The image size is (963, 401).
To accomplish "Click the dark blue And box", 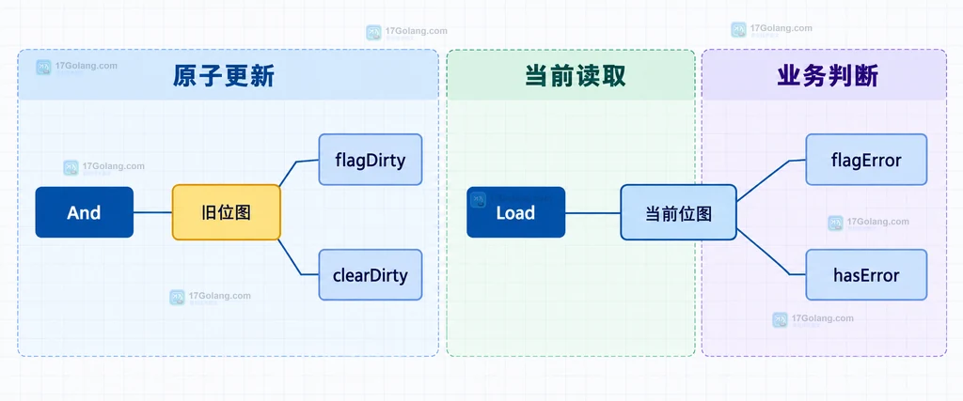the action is tap(84, 212).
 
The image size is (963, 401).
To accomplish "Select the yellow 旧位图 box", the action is tap(226, 212).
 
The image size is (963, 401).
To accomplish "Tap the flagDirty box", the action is tap(371, 160).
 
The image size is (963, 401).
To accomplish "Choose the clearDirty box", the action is tap(371, 275).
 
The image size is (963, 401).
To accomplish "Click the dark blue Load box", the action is tap(516, 212).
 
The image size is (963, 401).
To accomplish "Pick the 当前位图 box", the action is tap(678, 212).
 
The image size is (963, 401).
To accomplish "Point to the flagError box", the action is tap(866, 160).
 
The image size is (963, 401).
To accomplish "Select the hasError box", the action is tap(866, 275).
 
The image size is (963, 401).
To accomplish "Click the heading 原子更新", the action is tap(223, 76).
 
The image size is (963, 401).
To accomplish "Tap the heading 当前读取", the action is tap(576, 76).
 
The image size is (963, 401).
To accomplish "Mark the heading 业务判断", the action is tap(828, 76).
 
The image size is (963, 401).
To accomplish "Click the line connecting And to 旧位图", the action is tap(152, 212).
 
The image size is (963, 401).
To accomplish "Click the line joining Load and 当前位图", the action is tap(592, 213).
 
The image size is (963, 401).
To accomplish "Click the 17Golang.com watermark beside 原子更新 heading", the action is tap(77, 67).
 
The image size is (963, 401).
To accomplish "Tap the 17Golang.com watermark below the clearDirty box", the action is tap(210, 298).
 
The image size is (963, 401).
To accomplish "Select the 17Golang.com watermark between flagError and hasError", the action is tap(868, 224).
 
